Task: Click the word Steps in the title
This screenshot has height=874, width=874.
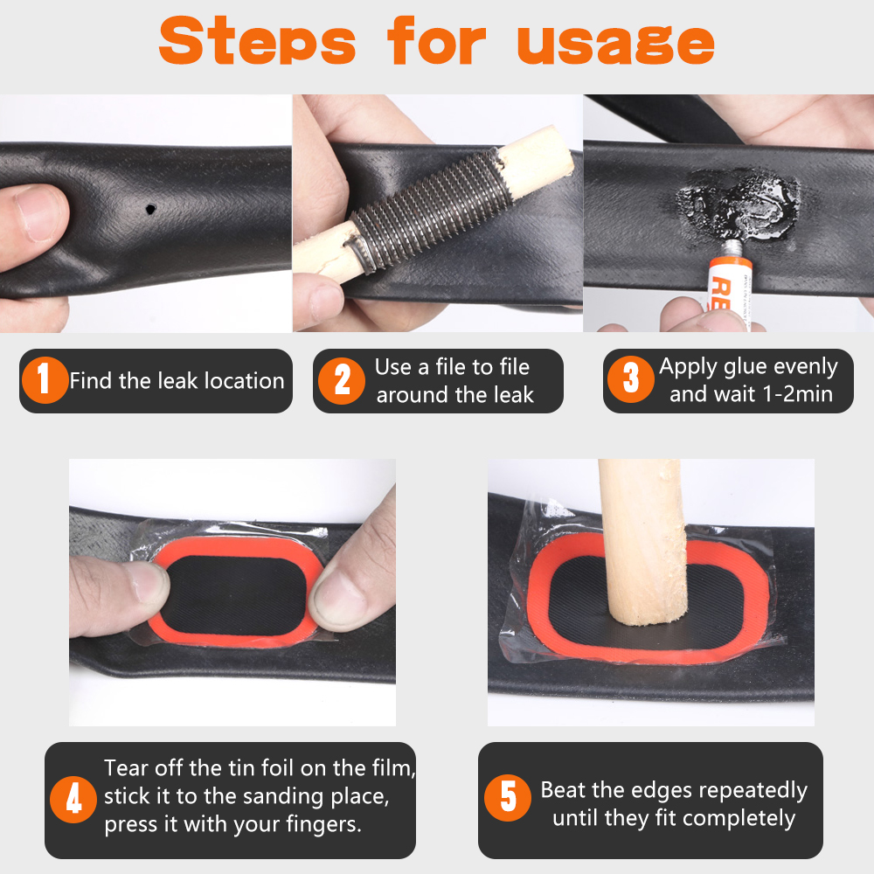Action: point(258,40)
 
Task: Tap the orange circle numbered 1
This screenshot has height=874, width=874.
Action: point(45,380)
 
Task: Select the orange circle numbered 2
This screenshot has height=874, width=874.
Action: point(341,381)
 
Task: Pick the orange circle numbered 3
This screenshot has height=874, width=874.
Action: point(630,379)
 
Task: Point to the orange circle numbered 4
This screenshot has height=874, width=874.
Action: point(73,800)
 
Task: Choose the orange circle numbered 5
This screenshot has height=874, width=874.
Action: point(507,798)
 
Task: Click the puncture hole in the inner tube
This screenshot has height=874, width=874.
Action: point(150,210)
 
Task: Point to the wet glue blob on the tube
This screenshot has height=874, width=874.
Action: point(739,205)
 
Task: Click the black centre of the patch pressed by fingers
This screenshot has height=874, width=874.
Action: point(236,594)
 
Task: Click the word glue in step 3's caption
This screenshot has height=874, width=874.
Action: point(740,367)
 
